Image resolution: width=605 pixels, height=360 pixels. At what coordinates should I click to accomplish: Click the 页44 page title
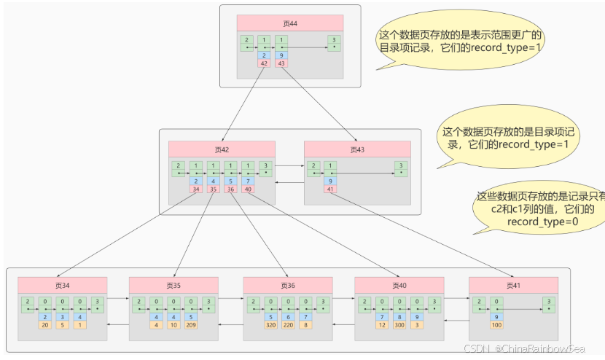pos(290,23)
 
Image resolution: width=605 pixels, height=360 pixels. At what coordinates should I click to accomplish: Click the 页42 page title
pos(222,149)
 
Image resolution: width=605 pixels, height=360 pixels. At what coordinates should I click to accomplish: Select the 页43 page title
pos(357,149)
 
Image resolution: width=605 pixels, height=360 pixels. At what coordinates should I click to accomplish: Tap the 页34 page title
pos(62,285)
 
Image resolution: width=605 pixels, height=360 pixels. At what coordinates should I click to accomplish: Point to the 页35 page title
pos(173,285)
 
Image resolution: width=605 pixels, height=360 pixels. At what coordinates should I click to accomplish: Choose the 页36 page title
pos(287,285)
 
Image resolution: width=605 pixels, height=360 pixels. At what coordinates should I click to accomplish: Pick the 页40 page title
pos(399,285)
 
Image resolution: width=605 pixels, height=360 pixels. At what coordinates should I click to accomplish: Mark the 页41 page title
pos(513,285)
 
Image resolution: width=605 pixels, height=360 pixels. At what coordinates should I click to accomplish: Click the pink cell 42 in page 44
pos(264,63)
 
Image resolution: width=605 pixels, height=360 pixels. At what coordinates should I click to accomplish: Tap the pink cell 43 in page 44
pos(282,63)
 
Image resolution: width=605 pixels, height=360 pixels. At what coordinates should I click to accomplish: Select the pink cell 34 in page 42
pos(195,189)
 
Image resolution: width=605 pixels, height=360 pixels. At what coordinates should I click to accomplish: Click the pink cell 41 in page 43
pos(331,189)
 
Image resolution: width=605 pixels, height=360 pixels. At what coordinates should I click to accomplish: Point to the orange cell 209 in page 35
pos(191,325)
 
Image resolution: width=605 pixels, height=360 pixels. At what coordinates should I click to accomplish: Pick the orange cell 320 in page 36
pos(270,325)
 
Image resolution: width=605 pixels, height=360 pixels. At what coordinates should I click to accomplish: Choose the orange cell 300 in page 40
pos(399,325)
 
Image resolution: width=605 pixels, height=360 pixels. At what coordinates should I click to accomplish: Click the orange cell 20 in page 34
pos(44,325)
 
